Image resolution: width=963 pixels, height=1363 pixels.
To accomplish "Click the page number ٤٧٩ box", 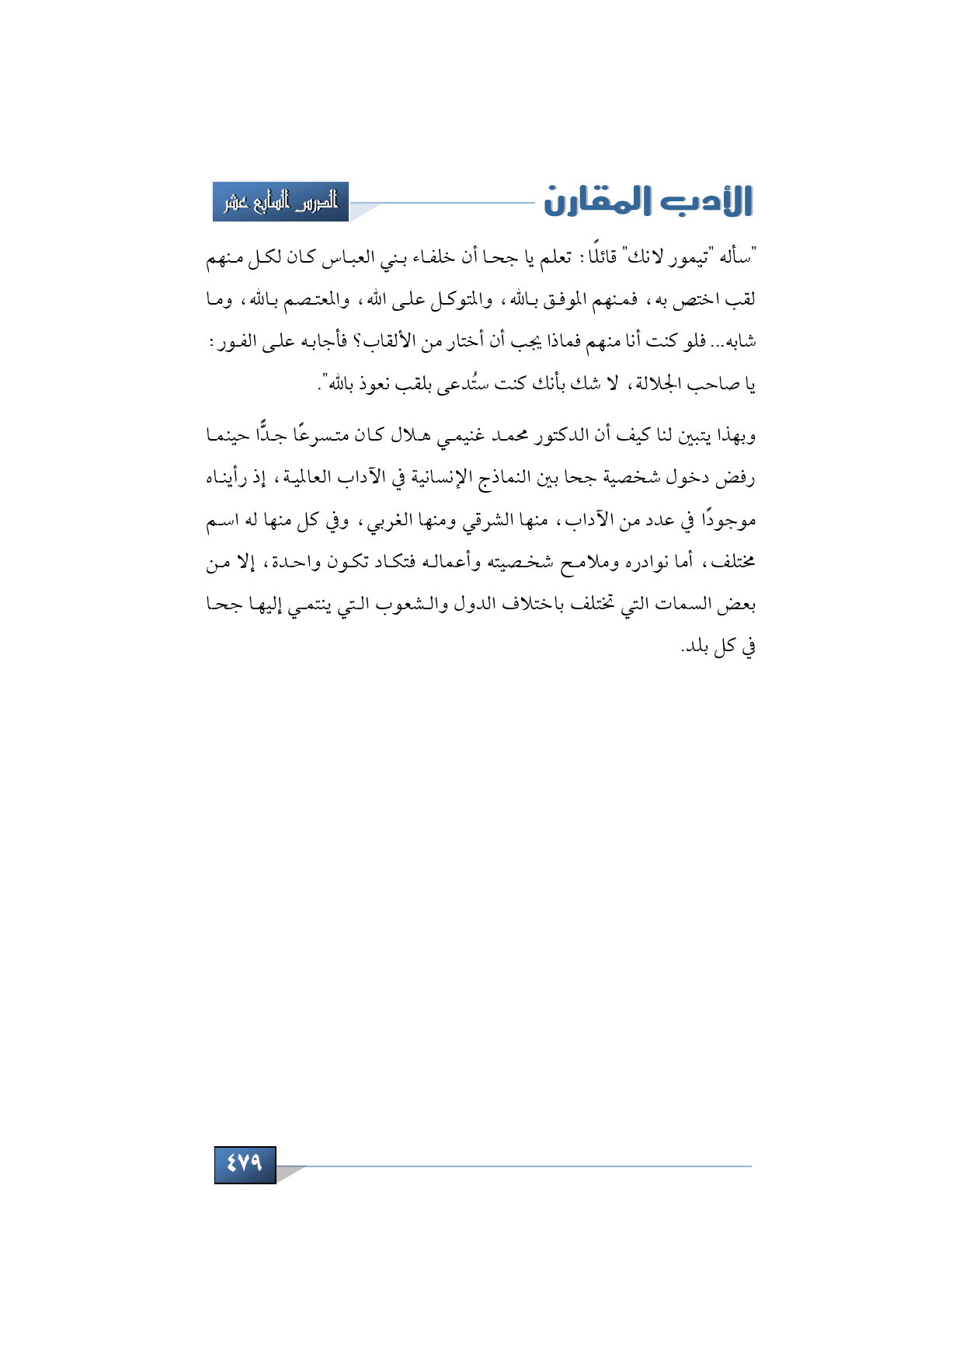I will pyautogui.click(x=245, y=1163).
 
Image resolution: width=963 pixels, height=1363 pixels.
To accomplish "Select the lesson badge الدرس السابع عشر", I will pyautogui.click(x=280, y=202).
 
